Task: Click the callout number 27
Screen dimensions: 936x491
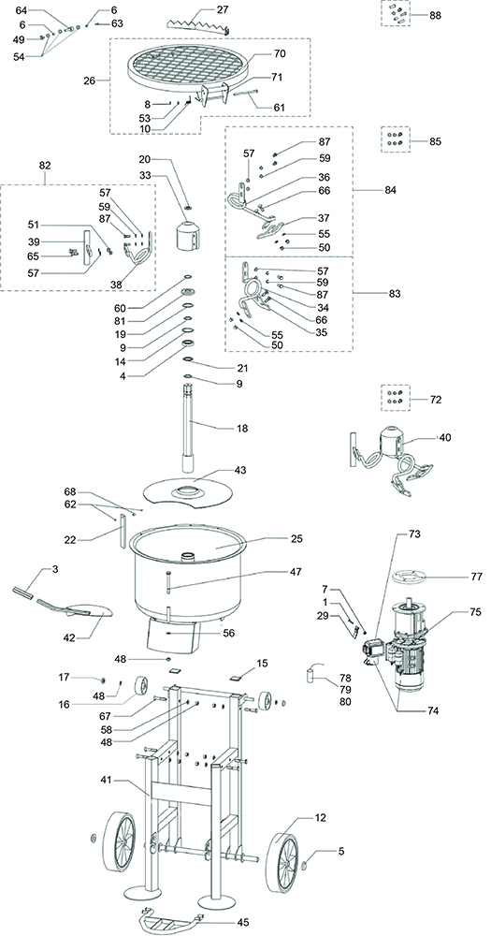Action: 222,9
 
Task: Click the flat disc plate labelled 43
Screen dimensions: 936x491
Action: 193,489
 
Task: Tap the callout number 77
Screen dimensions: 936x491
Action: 450,577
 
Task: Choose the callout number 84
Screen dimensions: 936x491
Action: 390,191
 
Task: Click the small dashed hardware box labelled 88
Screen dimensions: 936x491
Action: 397,14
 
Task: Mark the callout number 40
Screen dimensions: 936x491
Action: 444,436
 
